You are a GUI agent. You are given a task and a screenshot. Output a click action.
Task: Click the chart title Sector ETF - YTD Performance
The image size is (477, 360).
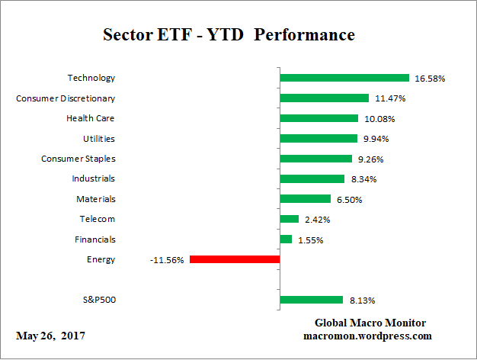coord(229,36)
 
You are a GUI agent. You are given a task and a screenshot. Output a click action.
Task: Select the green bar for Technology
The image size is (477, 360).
coord(344,78)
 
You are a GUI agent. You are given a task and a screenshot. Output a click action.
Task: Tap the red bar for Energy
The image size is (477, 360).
coord(235,259)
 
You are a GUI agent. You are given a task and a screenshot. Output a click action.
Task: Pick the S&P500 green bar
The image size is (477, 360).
coord(312,300)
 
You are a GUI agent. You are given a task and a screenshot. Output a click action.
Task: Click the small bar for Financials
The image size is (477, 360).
coord(286,239)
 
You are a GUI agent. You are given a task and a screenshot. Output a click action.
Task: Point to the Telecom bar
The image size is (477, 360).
coord(290,219)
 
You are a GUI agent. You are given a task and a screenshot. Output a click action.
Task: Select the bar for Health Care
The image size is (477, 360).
coord(319,118)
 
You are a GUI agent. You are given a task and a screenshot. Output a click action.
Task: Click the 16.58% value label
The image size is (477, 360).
coord(430,78)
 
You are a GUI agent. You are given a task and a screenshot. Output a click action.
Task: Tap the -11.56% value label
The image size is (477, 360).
coord(167,260)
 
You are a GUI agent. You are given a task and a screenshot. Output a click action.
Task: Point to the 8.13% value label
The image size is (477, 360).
coord(362,301)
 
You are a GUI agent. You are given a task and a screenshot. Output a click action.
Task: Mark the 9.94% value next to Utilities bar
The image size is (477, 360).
coord(376,139)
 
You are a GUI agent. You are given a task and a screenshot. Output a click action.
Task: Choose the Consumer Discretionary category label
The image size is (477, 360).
coord(66,98)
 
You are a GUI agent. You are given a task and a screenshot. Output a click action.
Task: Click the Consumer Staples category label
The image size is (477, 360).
coord(78,159)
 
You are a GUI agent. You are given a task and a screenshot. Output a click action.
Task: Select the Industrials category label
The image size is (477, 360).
coord(93,178)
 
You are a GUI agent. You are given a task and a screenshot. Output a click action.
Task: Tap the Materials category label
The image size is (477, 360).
coord(95,198)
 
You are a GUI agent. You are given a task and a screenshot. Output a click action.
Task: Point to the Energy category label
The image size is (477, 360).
coord(101,259)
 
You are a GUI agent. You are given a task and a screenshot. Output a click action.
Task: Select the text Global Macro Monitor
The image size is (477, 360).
coord(370,323)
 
